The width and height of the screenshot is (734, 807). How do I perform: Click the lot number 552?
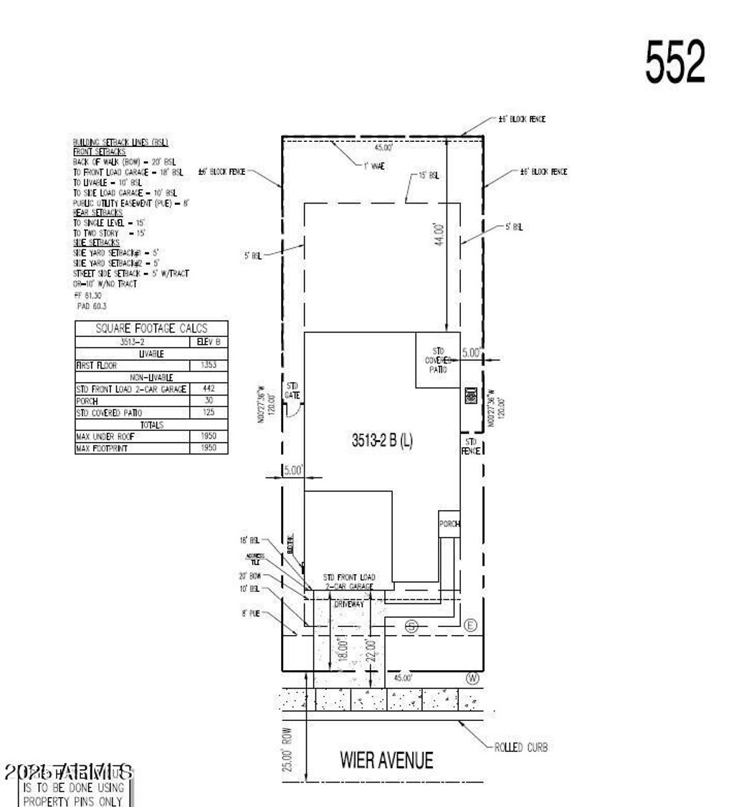tap(675, 62)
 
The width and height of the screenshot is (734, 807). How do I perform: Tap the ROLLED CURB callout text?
tap(521, 748)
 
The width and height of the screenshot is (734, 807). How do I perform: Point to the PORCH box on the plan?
tap(449, 524)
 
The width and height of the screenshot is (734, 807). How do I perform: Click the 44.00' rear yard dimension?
tap(439, 234)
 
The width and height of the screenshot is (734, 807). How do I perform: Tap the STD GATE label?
tap(292, 390)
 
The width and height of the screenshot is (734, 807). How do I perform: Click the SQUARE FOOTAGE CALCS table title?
tap(151, 329)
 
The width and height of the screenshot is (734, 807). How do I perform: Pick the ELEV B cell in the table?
tap(209, 343)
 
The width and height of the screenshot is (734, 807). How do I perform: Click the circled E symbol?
tap(470, 626)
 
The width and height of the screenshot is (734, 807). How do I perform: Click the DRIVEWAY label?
tap(349, 605)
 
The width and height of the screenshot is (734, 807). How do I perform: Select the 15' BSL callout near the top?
tap(429, 176)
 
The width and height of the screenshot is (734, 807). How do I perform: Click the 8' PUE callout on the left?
tap(250, 613)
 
